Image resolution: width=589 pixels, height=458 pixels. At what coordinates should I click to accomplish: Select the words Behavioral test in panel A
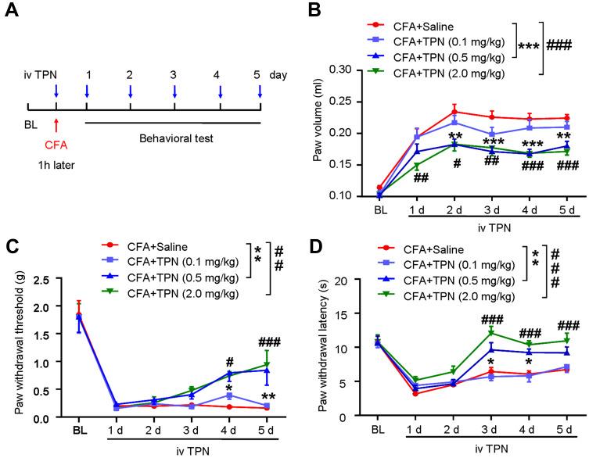point(171,136)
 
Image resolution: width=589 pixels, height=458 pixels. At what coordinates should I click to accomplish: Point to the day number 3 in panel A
point(174,75)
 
